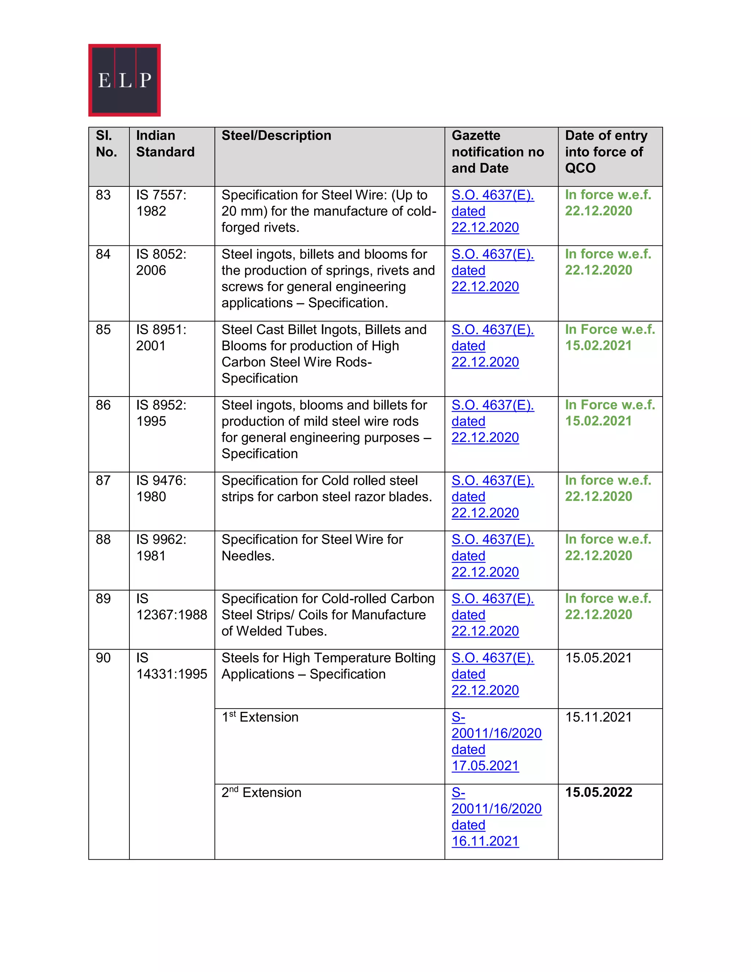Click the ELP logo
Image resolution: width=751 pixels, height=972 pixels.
point(124,80)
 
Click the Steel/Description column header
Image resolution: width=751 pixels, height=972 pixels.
point(276,136)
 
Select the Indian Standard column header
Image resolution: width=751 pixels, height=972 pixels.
point(165,144)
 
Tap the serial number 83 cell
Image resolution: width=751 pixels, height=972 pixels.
point(103,195)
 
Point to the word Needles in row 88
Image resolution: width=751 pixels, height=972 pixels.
point(248,556)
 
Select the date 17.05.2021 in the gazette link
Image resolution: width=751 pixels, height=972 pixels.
point(485,766)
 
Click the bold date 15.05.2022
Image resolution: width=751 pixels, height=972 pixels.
point(598,793)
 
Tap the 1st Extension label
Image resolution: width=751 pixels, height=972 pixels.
point(260,717)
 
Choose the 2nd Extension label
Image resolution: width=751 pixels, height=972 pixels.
point(261,793)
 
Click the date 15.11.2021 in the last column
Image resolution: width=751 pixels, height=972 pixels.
point(598,717)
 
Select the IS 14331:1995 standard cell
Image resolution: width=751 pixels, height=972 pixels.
point(171,666)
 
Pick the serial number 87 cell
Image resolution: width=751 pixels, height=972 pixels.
point(103,480)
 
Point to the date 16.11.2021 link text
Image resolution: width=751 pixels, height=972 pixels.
point(485,841)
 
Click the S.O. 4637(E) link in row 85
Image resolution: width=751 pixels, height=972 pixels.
point(492,330)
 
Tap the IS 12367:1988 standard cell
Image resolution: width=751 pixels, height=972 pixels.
point(171,607)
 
